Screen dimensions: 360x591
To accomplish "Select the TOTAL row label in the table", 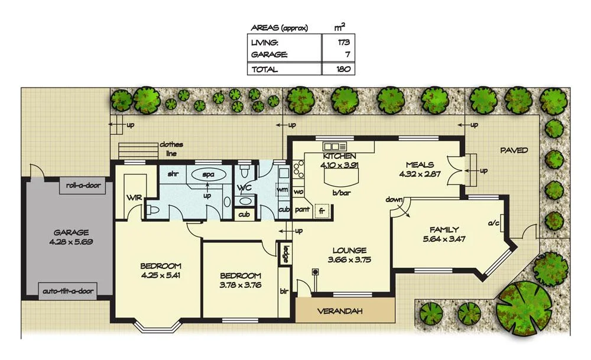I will coord(264,69).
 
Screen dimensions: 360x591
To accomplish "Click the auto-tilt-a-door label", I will coord(69,291).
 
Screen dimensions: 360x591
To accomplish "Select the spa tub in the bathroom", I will coord(207,175).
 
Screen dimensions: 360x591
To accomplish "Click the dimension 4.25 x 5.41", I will coord(160,275).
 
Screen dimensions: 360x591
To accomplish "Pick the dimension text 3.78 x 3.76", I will coord(241,285).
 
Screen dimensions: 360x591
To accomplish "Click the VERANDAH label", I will coord(340,311).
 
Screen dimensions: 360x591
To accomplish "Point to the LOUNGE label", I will coord(349,250).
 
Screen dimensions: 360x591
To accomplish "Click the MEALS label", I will coord(420,165).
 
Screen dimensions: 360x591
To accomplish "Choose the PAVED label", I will coord(514,150).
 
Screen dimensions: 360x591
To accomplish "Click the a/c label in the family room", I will coord(492,224).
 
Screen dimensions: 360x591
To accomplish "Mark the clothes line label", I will coord(170,148).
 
